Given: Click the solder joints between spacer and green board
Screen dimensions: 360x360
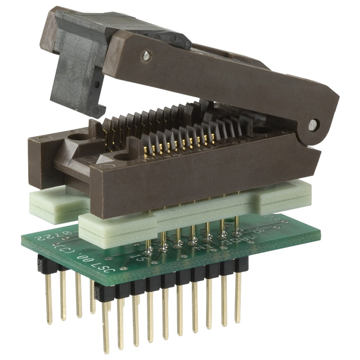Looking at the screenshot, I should pos(191,242).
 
